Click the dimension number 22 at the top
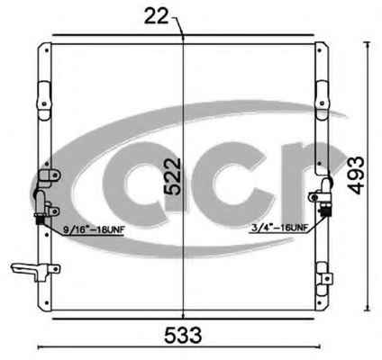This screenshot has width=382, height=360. [156, 16]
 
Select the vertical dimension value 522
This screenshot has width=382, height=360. [172, 177]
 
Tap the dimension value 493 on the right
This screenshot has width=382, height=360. [356, 175]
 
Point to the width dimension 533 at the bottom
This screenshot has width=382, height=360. [183, 335]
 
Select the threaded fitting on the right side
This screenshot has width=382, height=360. [325, 211]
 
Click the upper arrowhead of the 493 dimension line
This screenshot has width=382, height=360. [367, 44]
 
